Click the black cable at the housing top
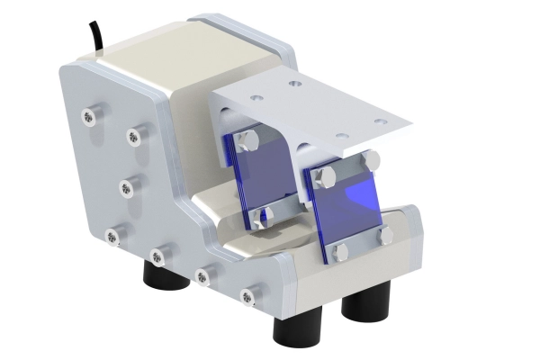pyautogui.click(x=94, y=36)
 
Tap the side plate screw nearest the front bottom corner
pyautogui.click(x=248, y=293)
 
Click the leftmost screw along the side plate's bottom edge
pyautogui.click(x=112, y=237)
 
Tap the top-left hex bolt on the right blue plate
pyautogui.click(x=326, y=174)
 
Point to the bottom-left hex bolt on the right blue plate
pyautogui.click(x=341, y=253)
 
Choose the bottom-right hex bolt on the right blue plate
pyautogui.click(x=386, y=236)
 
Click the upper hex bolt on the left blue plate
pyautogui.click(x=249, y=141)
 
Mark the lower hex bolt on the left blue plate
pyautogui.click(x=260, y=216)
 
